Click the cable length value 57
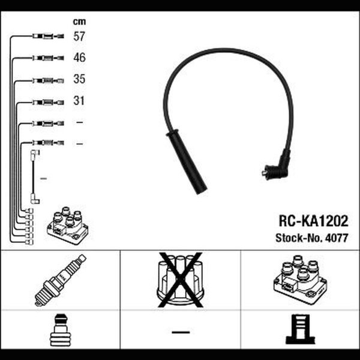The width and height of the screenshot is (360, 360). click(79, 36)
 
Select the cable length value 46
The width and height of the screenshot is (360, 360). click(79, 58)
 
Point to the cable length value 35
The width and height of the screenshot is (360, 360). click(79, 79)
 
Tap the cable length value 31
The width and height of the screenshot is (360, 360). click(79, 101)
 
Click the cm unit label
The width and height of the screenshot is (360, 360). click(79, 22)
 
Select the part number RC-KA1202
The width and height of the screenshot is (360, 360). click(313, 221)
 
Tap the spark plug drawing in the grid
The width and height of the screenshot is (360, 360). click(61, 280)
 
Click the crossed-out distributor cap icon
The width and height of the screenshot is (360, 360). click(181, 280)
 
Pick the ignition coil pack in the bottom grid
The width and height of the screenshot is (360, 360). click(301, 280)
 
